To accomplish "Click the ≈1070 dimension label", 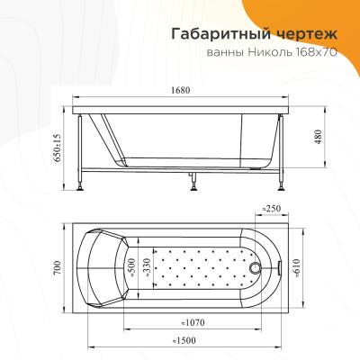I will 193,322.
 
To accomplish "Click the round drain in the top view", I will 257,267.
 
